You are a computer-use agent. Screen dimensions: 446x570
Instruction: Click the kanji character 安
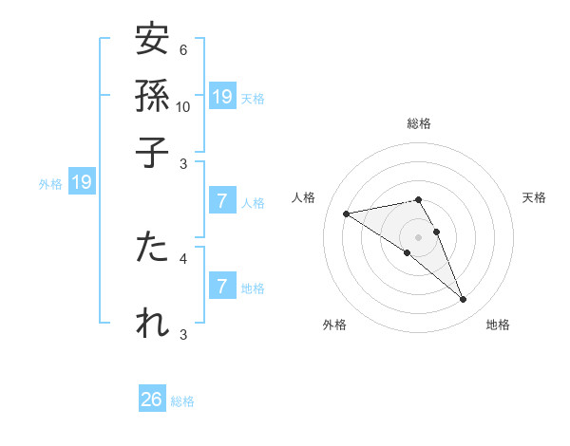[x=152, y=41]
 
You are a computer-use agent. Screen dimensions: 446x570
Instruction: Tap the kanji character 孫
[x=152, y=96]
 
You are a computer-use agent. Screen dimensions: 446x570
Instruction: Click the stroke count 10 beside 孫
[x=183, y=106]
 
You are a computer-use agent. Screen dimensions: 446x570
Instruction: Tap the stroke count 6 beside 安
[x=182, y=50]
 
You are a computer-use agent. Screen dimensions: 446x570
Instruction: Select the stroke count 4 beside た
[x=182, y=257]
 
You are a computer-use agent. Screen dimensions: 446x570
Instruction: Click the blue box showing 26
[x=152, y=400]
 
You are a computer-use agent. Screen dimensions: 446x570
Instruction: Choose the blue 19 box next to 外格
[x=82, y=182]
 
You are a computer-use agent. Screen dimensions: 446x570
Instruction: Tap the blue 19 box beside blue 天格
[x=222, y=96]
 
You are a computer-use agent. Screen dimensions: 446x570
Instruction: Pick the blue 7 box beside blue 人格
[x=222, y=201]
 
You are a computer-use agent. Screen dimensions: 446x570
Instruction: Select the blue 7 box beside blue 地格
[x=222, y=286]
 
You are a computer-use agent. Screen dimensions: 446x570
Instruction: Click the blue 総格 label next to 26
[x=182, y=401]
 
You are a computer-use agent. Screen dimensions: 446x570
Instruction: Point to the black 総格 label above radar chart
[x=418, y=123]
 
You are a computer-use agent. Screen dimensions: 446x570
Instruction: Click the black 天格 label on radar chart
[x=534, y=197]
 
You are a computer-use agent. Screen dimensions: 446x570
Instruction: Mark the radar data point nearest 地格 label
[x=464, y=300]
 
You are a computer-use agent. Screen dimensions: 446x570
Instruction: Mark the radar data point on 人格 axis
[x=346, y=214]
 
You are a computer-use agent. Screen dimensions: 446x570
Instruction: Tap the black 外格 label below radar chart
[x=334, y=325]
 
